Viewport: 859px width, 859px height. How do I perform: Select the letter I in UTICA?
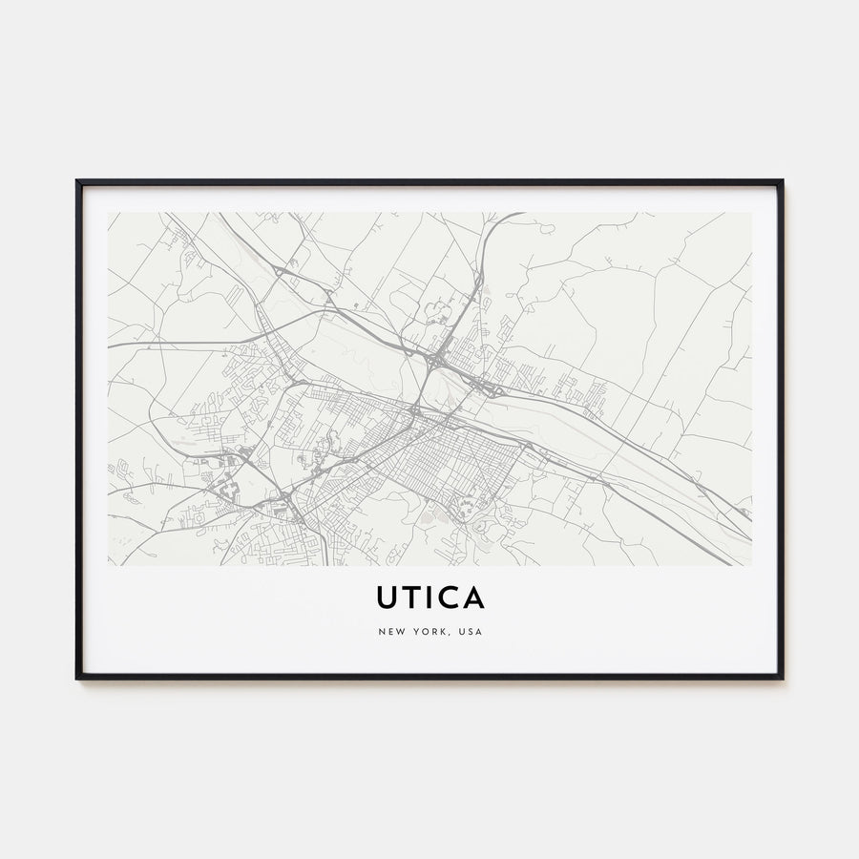click(431, 597)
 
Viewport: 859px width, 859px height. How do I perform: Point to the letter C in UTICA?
click(449, 597)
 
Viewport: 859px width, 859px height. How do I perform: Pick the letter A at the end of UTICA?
click(473, 597)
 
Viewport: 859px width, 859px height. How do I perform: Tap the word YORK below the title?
click(427, 632)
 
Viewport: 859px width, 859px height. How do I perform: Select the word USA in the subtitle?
click(469, 632)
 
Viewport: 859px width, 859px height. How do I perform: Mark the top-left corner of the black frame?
click(77, 180)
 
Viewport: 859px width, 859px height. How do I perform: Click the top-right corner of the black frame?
click(782, 180)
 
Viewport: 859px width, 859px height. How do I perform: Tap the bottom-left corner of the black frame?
click(77, 678)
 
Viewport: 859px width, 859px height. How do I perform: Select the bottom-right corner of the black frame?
click(782, 678)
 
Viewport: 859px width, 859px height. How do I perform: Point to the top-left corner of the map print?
click(109, 213)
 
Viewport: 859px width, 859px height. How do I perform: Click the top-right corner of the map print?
click(751, 213)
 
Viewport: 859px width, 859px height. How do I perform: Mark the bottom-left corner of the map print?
click(109, 565)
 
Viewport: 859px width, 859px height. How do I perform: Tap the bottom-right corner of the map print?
click(751, 565)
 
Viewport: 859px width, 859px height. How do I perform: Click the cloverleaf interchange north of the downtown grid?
click(436, 361)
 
